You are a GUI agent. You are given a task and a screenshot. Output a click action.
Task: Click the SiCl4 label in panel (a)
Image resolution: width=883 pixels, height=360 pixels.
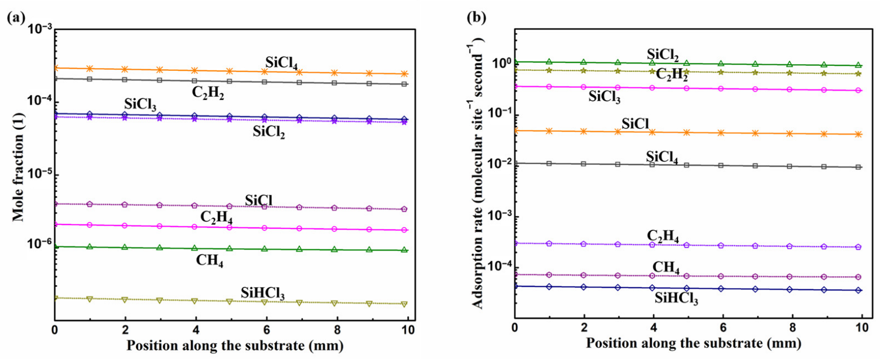coord(281,62)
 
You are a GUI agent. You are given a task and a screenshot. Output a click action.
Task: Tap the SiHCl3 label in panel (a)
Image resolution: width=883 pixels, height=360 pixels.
coord(262,293)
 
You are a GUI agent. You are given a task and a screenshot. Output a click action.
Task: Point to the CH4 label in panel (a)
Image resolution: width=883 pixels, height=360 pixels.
coord(209,260)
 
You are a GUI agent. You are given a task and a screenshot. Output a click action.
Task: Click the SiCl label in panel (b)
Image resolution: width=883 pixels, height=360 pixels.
coord(635,124)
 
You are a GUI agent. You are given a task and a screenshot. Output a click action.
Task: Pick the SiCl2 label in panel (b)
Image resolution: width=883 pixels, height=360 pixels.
coord(662,55)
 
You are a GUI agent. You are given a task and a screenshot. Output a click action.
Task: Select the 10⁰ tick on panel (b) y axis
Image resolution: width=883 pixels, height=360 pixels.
coord(499,64)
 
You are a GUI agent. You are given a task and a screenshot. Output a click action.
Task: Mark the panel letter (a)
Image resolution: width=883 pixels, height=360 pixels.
coord(16,17)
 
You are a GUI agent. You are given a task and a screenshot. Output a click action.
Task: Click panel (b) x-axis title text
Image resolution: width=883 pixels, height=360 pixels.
coord(693,343)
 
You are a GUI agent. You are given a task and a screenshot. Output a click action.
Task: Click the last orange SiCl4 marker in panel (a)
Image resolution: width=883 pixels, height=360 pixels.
coord(404,74)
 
